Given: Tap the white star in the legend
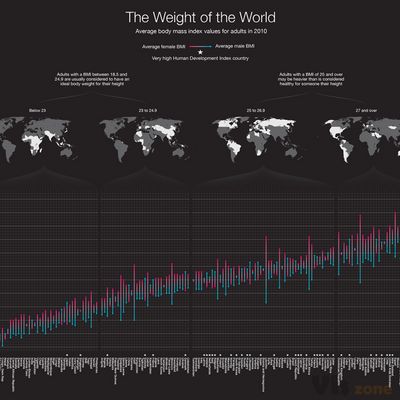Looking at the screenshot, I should pyautogui.click(x=200, y=52).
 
